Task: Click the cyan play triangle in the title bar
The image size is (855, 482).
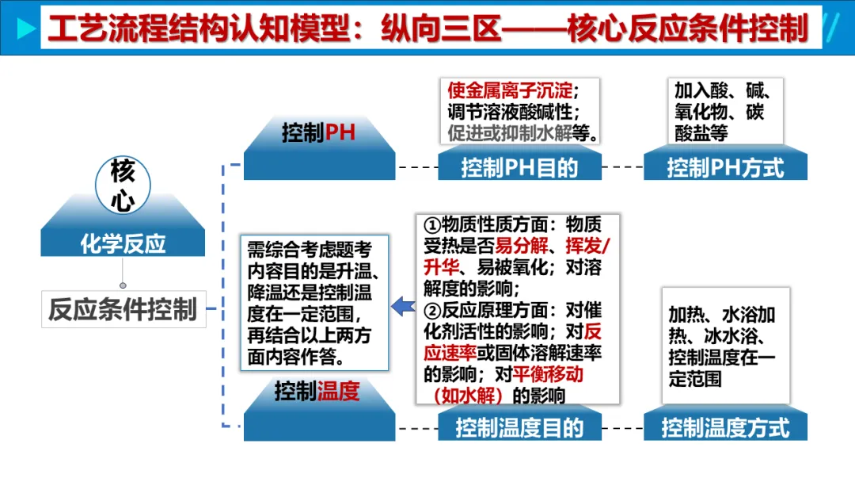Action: point(25,29)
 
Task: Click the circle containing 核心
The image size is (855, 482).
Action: point(123,186)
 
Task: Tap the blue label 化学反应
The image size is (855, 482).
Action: point(123,243)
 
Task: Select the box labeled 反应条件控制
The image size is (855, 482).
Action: point(123,309)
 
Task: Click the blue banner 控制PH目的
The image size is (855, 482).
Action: point(519,167)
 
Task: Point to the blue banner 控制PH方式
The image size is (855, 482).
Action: point(725,167)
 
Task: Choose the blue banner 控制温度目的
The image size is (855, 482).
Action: point(519,428)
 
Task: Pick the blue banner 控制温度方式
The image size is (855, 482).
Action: point(725,428)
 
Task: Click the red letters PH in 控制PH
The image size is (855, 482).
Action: point(340,132)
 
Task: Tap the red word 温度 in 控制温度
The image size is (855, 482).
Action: point(338,392)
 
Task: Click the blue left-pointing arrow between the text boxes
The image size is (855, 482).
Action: point(404,307)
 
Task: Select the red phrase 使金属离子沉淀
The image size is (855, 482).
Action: point(511,90)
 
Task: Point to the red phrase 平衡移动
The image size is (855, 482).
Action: point(548,374)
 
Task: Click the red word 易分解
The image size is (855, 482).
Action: point(521,246)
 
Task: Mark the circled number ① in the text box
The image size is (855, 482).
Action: point(432,225)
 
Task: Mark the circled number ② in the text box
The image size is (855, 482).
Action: point(432,311)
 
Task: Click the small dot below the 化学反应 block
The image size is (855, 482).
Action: point(123,285)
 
